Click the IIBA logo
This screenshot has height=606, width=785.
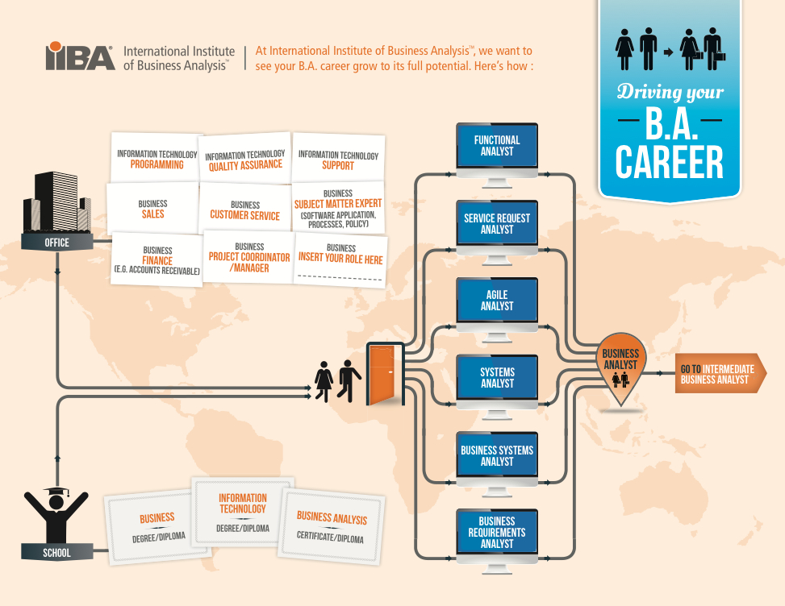click(x=80, y=56)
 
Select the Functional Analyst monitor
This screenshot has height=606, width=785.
click(x=497, y=155)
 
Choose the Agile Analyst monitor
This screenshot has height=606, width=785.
click(x=497, y=309)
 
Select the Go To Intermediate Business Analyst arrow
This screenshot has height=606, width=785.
click(x=720, y=373)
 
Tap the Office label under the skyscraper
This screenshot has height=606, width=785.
click(x=57, y=243)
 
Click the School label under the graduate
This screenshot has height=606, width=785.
click(x=57, y=553)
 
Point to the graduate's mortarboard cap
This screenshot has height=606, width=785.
click(x=56, y=491)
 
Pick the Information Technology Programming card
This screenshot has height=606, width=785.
click(x=157, y=158)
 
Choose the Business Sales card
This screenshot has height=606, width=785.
click(x=152, y=209)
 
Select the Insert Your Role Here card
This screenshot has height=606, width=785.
click(x=340, y=260)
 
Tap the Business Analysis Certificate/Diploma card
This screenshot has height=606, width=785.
click(x=331, y=526)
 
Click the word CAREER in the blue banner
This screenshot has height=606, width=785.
click(x=670, y=162)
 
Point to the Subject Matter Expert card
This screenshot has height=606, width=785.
click(x=338, y=208)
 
